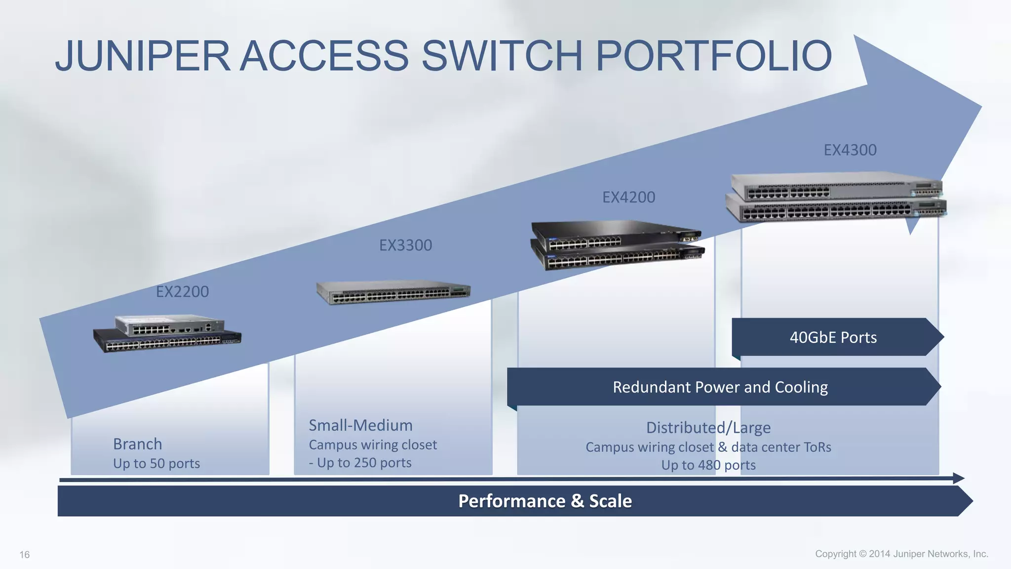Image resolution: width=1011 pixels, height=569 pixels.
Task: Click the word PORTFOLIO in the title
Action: coord(714,55)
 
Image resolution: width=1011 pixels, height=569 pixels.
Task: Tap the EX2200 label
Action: coord(182,291)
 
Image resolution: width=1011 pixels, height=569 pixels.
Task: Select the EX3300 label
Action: coord(405,245)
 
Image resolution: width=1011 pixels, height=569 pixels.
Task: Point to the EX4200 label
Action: coord(628,197)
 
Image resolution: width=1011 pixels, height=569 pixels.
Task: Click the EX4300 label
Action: coord(850,150)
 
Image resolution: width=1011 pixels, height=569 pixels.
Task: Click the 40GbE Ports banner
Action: coord(833,337)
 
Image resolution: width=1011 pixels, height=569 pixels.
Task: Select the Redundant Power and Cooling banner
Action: coord(720,387)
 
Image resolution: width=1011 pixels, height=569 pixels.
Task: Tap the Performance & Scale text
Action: coord(544,501)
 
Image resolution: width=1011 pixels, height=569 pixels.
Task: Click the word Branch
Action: coord(137,444)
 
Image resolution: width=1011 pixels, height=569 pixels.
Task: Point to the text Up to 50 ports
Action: coord(156,463)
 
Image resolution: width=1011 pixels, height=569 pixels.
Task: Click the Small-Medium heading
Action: coord(360,425)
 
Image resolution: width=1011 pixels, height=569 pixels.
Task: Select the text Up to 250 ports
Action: coord(364,463)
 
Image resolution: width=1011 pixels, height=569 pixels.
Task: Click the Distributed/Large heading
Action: coord(708,427)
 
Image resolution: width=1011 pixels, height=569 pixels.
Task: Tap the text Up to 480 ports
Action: coord(708,465)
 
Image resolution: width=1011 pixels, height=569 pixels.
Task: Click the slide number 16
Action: coord(25,555)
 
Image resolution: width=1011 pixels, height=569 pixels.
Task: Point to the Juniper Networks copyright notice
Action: coord(901,554)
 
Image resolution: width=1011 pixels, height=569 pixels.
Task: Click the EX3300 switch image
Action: coord(393,292)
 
